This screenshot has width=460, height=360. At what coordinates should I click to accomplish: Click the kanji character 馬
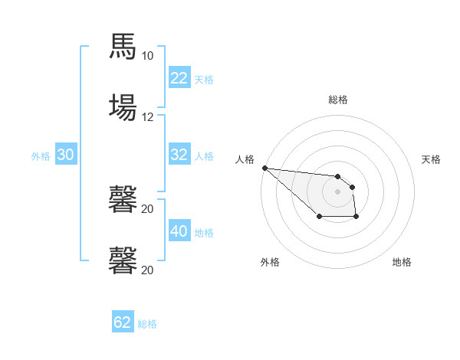coord(123,47)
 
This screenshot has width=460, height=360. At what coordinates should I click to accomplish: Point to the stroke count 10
coord(147,56)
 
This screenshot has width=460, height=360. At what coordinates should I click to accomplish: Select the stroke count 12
coord(147,116)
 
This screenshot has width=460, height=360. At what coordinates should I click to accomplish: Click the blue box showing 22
coord(179,78)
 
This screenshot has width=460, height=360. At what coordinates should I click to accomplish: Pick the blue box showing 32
coord(179,155)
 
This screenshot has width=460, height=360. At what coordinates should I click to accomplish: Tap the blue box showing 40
coord(179,231)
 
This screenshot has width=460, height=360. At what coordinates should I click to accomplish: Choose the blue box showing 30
coord(66,155)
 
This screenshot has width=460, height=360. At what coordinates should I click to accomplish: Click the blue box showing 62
coord(123,322)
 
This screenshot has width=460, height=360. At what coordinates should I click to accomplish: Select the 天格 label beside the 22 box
coord(204,79)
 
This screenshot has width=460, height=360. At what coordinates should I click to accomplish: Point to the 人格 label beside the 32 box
coord(204,155)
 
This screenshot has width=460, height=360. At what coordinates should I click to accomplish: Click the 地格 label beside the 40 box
coord(204,232)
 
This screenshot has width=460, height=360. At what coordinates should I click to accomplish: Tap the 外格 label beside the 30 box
coord(41,155)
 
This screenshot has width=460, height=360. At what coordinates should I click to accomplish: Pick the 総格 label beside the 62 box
coord(147,323)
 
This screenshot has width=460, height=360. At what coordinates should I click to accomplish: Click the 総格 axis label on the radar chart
coord(338,100)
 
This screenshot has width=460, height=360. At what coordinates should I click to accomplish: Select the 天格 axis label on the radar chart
coord(432,159)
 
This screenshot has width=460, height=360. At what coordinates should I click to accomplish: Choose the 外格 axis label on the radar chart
coord(270,262)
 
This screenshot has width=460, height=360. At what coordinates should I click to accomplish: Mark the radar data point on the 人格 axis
coord(264,168)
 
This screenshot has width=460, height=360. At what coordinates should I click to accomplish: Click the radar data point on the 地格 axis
coord(356,218)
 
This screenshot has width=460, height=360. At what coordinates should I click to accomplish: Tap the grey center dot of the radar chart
coord(338,191)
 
